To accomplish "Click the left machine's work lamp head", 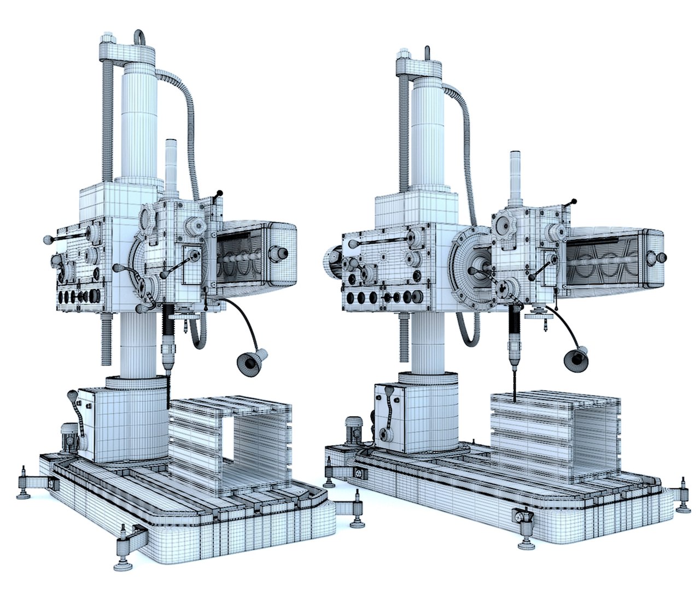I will click(x=252, y=362).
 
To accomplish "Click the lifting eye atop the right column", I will click(x=428, y=52).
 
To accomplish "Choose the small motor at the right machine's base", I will click(x=352, y=429).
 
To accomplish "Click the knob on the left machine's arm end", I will click(x=282, y=252).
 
